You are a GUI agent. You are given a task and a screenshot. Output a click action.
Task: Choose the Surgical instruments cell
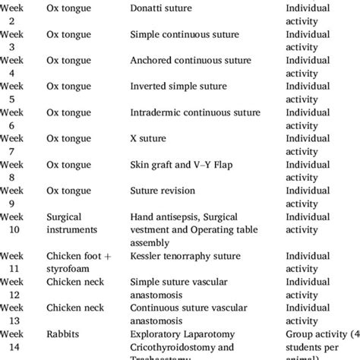pos(74,223)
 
